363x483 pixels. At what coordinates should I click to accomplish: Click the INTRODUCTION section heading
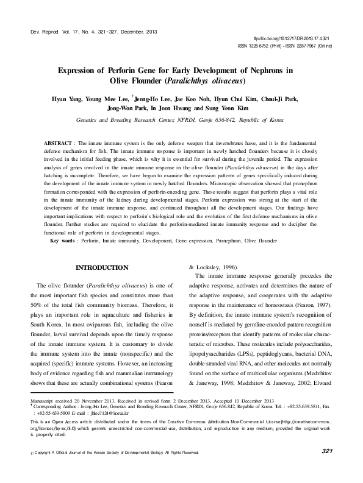pos(101,267)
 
